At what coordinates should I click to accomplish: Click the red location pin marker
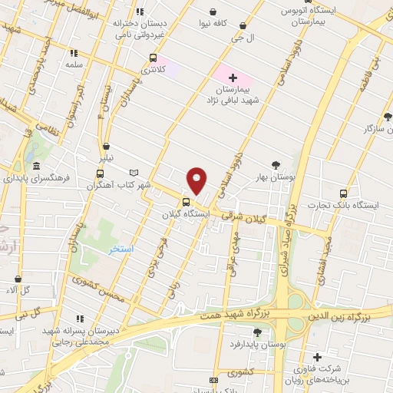click(197, 180)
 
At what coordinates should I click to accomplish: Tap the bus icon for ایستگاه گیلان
click(185, 203)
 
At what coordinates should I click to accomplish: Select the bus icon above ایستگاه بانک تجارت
click(342, 193)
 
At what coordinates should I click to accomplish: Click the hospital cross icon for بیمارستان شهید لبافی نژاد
click(233, 78)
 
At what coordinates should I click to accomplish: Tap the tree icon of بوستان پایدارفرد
click(257, 332)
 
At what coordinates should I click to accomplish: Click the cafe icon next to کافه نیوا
click(212, 12)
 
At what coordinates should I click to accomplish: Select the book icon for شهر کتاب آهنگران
click(135, 173)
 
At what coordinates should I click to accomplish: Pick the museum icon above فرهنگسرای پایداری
click(37, 166)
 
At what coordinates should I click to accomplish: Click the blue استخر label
click(121, 250)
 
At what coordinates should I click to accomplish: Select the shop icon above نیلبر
click(106, 146)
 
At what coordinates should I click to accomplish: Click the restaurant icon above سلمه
click(74, 53)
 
